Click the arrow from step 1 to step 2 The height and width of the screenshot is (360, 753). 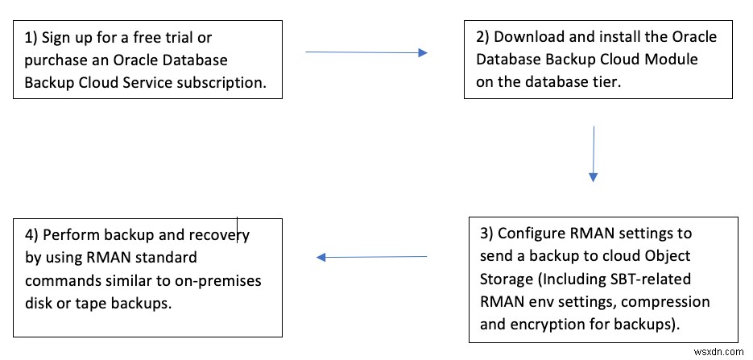pos(366,52)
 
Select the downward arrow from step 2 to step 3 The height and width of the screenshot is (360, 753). pos(594,153)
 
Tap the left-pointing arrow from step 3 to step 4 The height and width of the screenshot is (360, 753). pos(371,258)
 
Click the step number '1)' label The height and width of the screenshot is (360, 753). pos(32,38)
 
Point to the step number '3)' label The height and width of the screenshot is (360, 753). pos(487,234)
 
